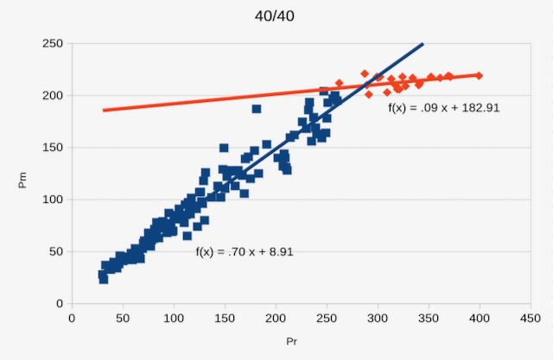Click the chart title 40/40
[x=277, y=16]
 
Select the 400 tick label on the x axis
[x=479, y=318]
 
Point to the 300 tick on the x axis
[x=377, y=318]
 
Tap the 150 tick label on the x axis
[x=225, y=318]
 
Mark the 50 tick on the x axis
[x=123, y=318]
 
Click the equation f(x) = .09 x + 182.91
[x=445, y=109]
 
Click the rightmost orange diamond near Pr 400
[x=479, y=76]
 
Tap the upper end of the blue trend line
[x=423, y=43]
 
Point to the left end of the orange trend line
[x=104, y=110]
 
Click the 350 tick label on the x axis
[x=428, y=318]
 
